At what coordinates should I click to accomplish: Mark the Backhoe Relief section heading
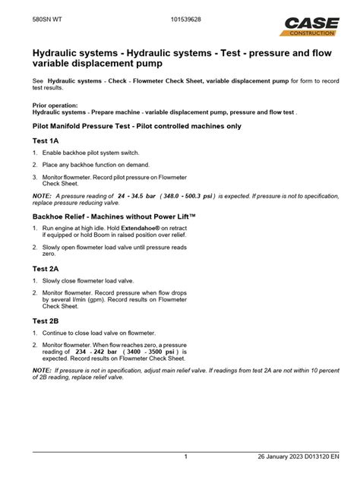tap(114, 216)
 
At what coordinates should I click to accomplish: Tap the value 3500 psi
tap(162, 352)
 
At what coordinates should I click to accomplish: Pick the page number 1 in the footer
tap(186, 456)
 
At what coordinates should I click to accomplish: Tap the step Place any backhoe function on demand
tap(96, 164)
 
